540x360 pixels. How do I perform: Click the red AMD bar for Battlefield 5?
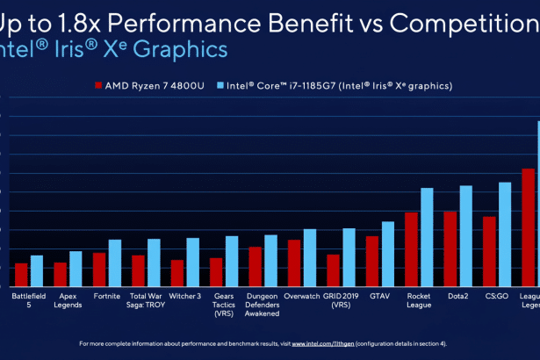(x=21, y=275)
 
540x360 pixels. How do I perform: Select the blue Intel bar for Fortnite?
(x=114, y=263)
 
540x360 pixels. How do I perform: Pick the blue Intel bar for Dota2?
(x=465, y=237)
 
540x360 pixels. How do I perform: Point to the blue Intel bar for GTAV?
(x=388, y=255)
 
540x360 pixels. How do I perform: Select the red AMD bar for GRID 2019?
(x=334, y=270)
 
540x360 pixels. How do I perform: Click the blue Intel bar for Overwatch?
(x=309, y=258)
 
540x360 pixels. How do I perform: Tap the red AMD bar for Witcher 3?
(x=177, y=273)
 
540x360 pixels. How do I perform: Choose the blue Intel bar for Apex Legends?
(x=76, y=269)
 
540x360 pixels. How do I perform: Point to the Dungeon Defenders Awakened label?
(x=262, y=304)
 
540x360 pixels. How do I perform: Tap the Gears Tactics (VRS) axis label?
(x=224, y=304)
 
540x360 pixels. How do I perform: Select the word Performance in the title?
(x=176, y=19)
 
